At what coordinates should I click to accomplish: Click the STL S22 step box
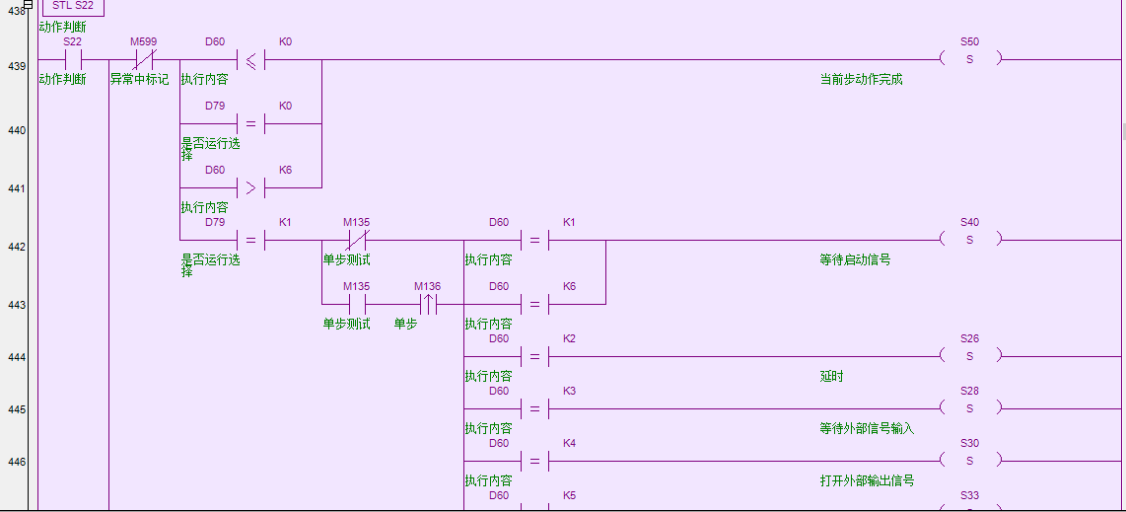pyautogui.click(x=73, y=6)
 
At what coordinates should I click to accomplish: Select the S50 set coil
pyautogui.click(x=969, y=59)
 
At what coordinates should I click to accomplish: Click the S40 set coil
pyautogui.click(x=969, y=240)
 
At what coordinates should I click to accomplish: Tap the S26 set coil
pyautogui.click(x=969, y=356)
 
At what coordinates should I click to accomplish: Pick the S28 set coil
pyautogui.click(x=969, y=408)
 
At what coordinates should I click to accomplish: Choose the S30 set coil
pyautogui.click(x=969, y=461)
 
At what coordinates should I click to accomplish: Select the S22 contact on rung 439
pyautogui.click(x=72, y=59)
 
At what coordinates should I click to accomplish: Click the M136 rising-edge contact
pyautogui.click(x=428, y=304)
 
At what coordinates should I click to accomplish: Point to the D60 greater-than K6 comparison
pyautogui.click(x=250, y=187)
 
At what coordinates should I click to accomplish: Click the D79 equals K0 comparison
pyautogui.click(x=250, y=123)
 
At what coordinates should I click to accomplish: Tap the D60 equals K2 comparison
pyautogui.click(x=534, y=356)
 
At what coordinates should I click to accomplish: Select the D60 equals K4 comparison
pyautogui.click(x=534, y=461)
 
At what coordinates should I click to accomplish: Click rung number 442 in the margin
pyautogui.click(x=17, y=247)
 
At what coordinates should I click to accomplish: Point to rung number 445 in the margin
pyautogui.click(x=17, y=409)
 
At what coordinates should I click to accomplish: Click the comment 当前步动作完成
pyautogui.click(x=861, y=79)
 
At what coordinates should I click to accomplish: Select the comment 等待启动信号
pyautogui.click(x=855, y=260)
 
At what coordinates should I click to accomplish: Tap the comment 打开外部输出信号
pyautogui.click(x=867, y=480)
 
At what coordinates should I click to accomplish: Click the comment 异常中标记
pyautogui.click(x=139, y=79)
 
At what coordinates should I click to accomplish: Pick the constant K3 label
pyautogui.click(x=569, y=392)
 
